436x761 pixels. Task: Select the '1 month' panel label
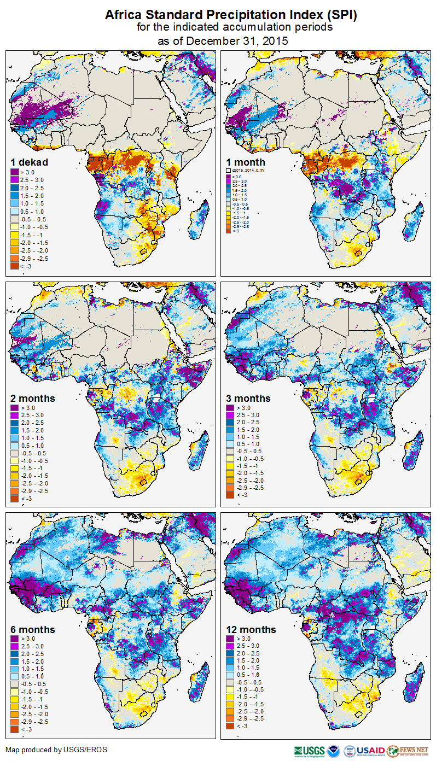246,162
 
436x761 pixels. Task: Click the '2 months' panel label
33,399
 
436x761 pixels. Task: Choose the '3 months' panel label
248,399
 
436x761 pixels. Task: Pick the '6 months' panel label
33,630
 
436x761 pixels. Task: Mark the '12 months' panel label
251,630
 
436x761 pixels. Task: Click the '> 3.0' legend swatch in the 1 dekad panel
15,172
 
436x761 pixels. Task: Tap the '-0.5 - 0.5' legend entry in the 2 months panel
34,453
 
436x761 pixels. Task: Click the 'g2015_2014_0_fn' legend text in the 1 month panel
248,171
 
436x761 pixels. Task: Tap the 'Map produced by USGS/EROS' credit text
56,750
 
